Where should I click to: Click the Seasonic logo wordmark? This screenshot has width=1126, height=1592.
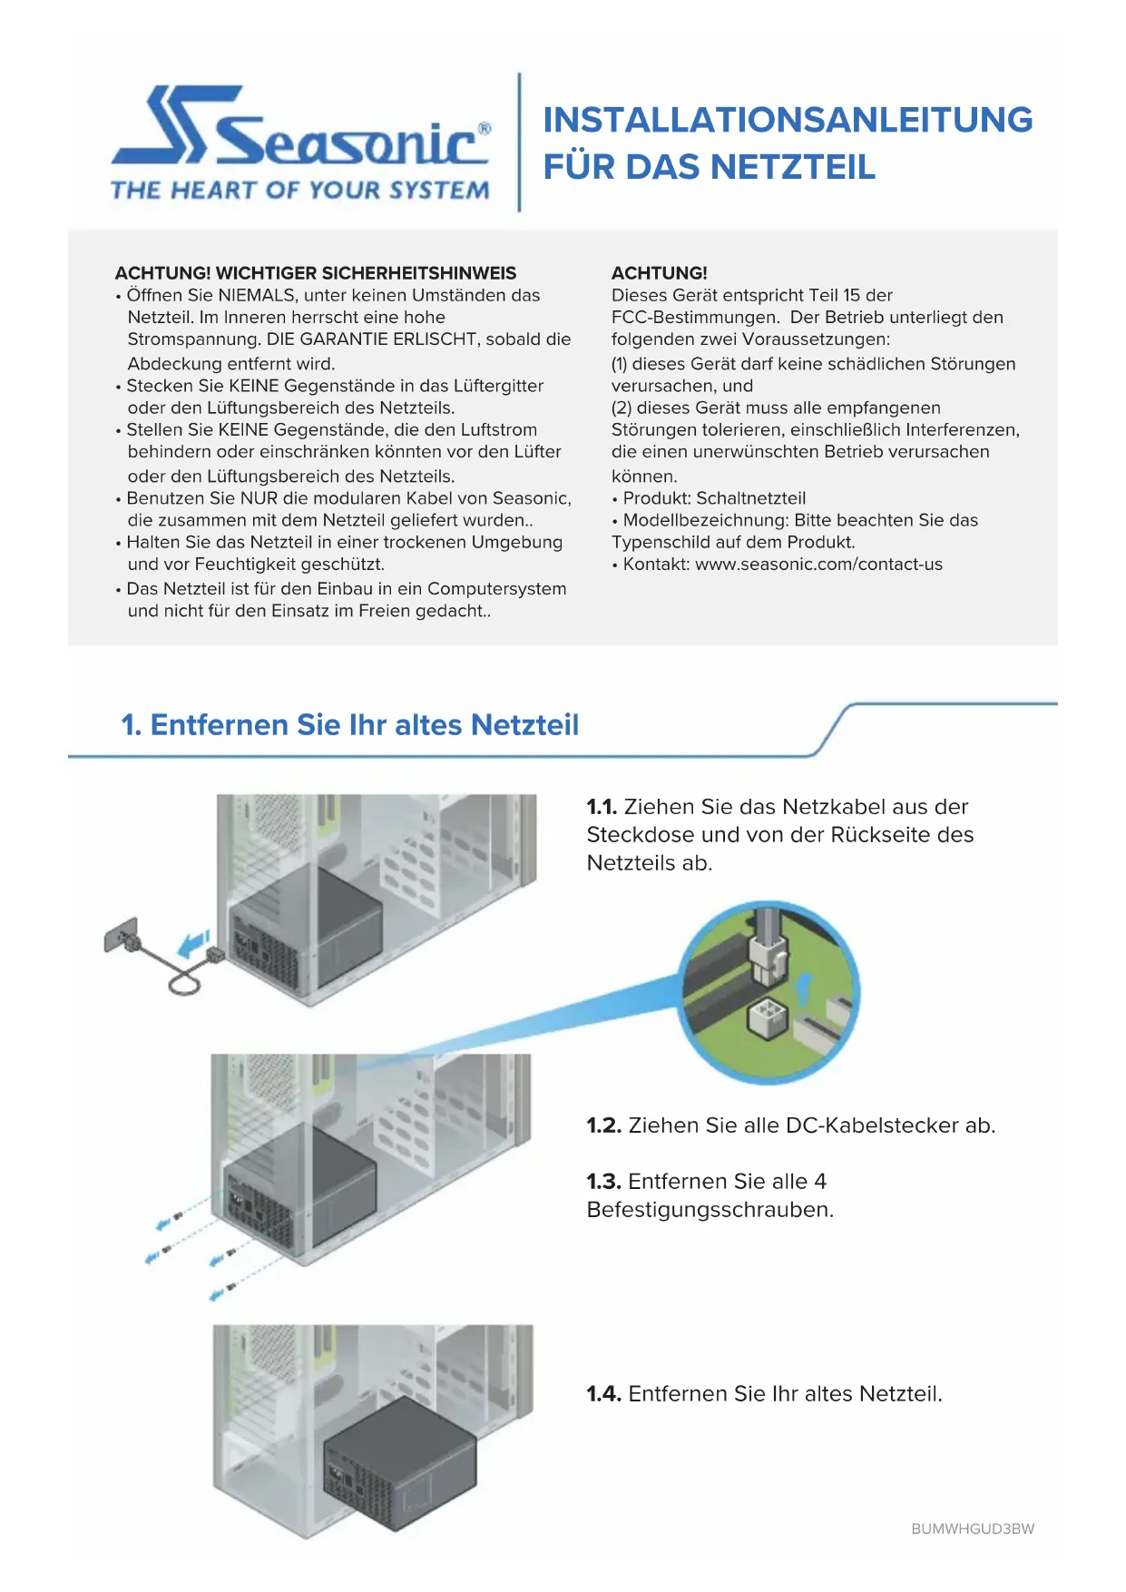pyautogui.click(x=349, y=143)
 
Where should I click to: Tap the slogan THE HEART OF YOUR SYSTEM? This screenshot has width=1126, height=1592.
pyautogui.click(x=299, y=191)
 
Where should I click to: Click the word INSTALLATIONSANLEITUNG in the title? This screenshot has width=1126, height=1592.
pyautogui.click(x=788, y=120)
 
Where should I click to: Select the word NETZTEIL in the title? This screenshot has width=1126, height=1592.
pyautogui.click(x=793, y=167)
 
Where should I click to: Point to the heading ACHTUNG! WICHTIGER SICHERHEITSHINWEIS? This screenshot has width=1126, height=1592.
pyautogui.click(x=316, y=273)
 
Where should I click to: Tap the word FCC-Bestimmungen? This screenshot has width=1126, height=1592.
pyautogui.click(x=695, y=318)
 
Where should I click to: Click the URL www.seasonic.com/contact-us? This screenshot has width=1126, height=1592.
pyautogui.click(x=818, y=565)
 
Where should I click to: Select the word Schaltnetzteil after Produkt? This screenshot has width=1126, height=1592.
pyautogui.click(x=750, y=498)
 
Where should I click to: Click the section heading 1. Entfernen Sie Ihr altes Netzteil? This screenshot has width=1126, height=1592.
pyautogui.click(x=350, y=725)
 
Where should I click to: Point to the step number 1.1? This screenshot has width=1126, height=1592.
pyautogui.click(x=602, y=807)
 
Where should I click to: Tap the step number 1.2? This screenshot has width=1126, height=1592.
pyautogui.click(x=603, y=1125)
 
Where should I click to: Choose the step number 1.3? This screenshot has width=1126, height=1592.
pyautogui.click(x=603, y=1182)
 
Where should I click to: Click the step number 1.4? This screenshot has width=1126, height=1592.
pyautogui.click(x=603, y=1394)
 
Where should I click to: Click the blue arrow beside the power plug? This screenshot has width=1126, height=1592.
pyautogui.click(x=192, y=944)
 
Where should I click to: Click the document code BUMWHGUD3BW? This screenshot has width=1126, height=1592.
pyautogui.click(x=972, y=1529)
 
